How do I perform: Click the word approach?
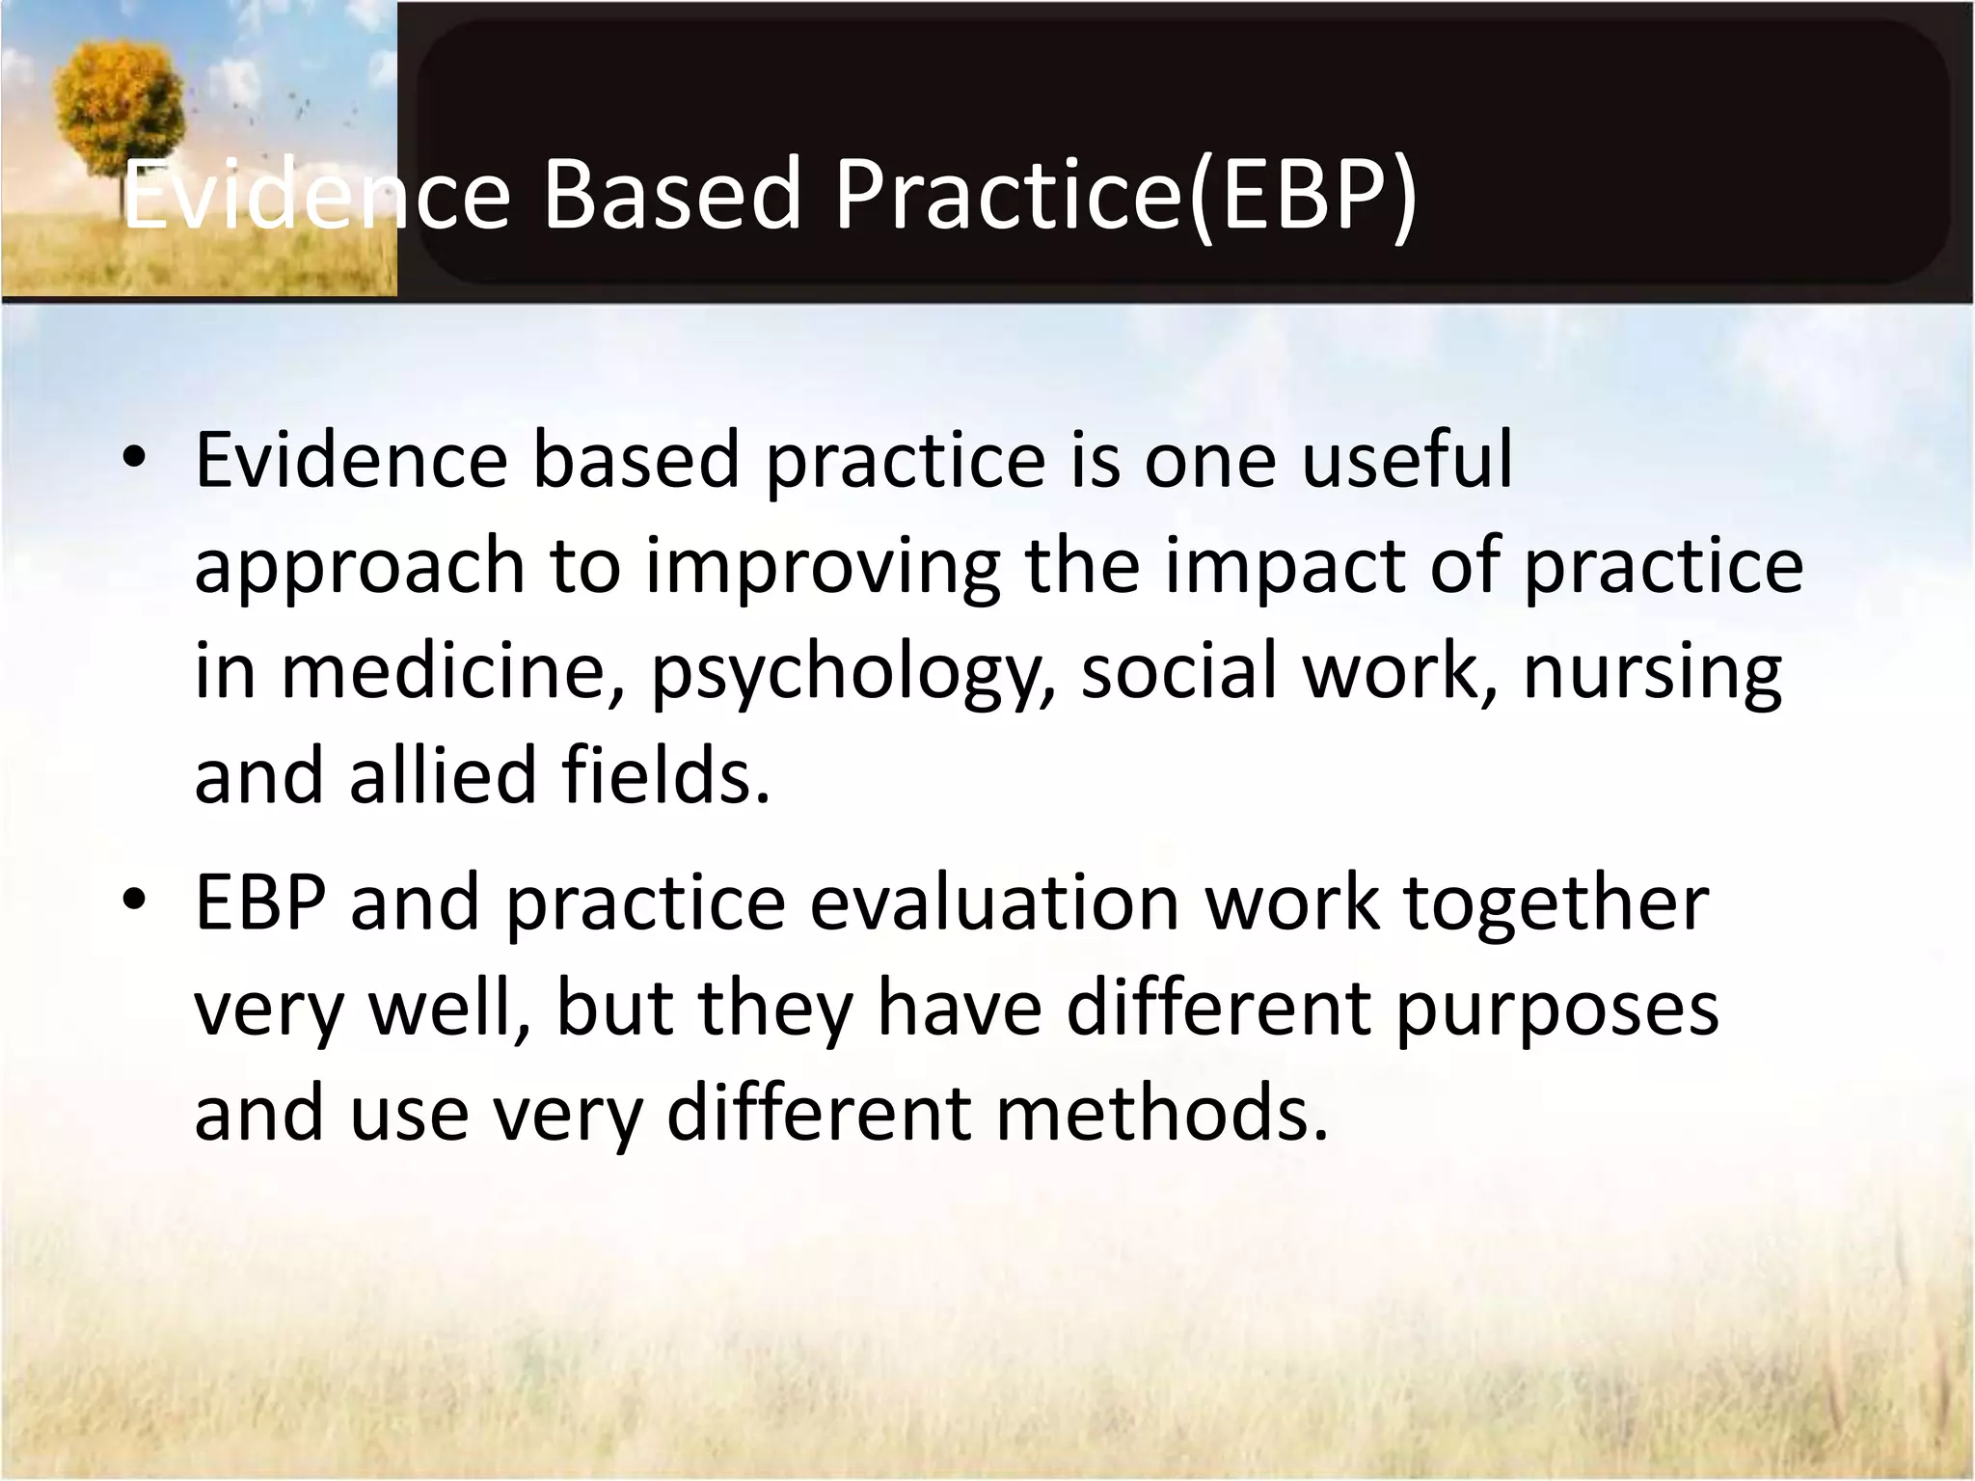pos(360,567)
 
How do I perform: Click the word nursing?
pos(1652,673)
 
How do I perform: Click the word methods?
pos(1162,1113)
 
